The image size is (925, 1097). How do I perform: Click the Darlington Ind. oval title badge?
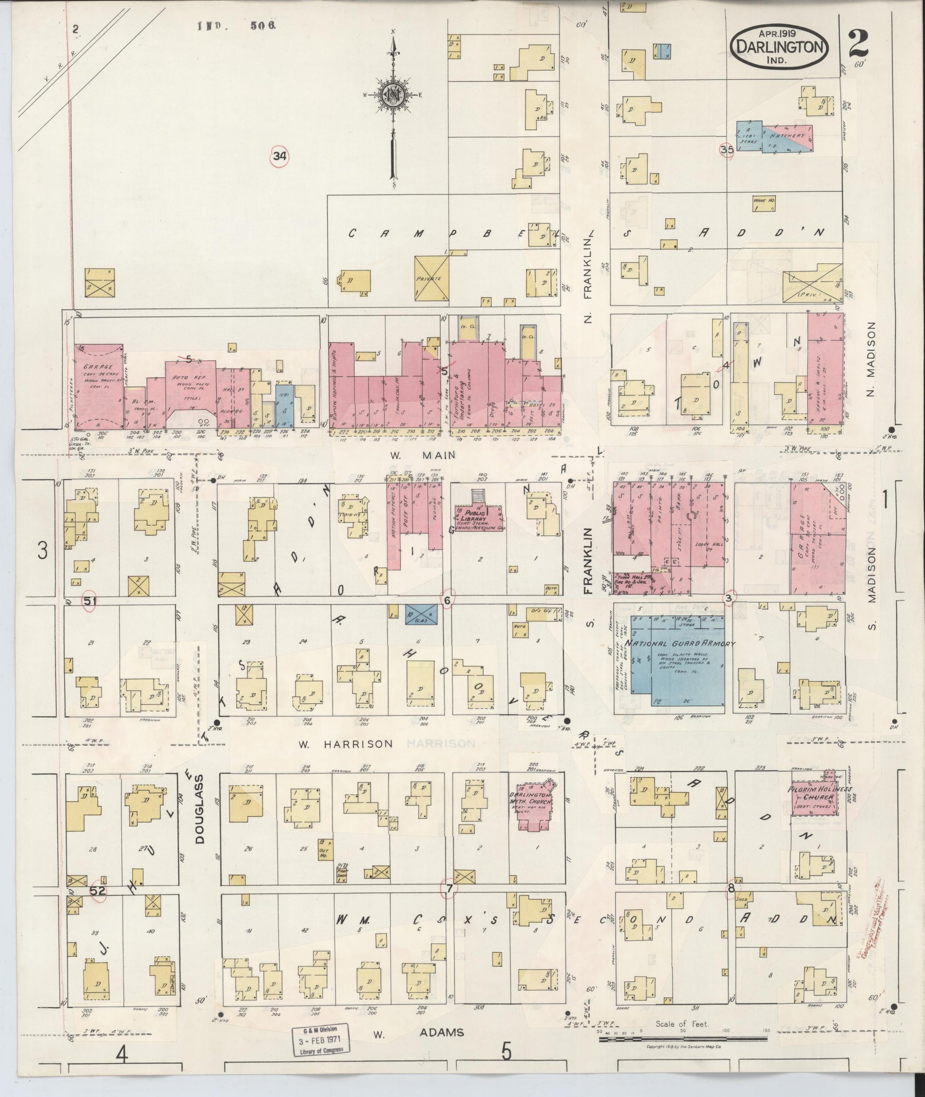pos(779,47)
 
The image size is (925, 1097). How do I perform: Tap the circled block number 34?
pos(280,155)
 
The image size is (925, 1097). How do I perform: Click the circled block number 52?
pos(97,890)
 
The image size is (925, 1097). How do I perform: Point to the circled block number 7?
pos(449,888)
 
